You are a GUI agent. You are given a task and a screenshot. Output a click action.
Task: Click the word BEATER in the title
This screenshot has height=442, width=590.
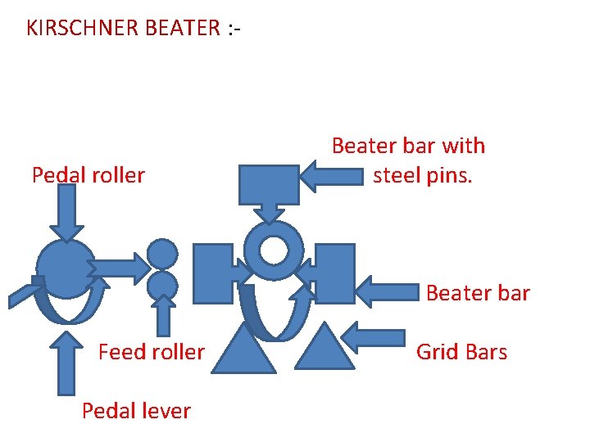(181, 28)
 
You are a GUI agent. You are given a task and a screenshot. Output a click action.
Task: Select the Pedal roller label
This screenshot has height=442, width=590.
(88, 174)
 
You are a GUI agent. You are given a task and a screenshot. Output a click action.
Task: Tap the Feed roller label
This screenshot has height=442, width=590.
(151, 352)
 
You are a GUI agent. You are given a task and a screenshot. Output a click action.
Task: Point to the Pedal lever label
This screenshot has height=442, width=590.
(136, 410)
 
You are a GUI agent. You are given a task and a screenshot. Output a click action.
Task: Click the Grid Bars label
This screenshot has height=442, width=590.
(461, 352)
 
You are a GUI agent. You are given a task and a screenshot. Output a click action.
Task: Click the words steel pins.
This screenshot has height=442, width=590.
(422, 175)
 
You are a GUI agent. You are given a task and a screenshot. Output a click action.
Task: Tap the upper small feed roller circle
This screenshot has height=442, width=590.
(162, 254)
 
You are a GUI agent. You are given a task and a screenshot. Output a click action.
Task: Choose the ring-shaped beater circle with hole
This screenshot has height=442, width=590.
(274, 250)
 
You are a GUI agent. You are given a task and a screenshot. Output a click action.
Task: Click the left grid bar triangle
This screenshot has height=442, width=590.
(244, 350)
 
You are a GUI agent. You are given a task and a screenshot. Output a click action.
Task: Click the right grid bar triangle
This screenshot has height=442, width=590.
(324, 348)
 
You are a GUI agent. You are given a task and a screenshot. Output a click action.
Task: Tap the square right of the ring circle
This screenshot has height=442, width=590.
(334, 273)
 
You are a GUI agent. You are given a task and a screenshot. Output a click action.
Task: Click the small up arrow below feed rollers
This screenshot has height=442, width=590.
(164, 314)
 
